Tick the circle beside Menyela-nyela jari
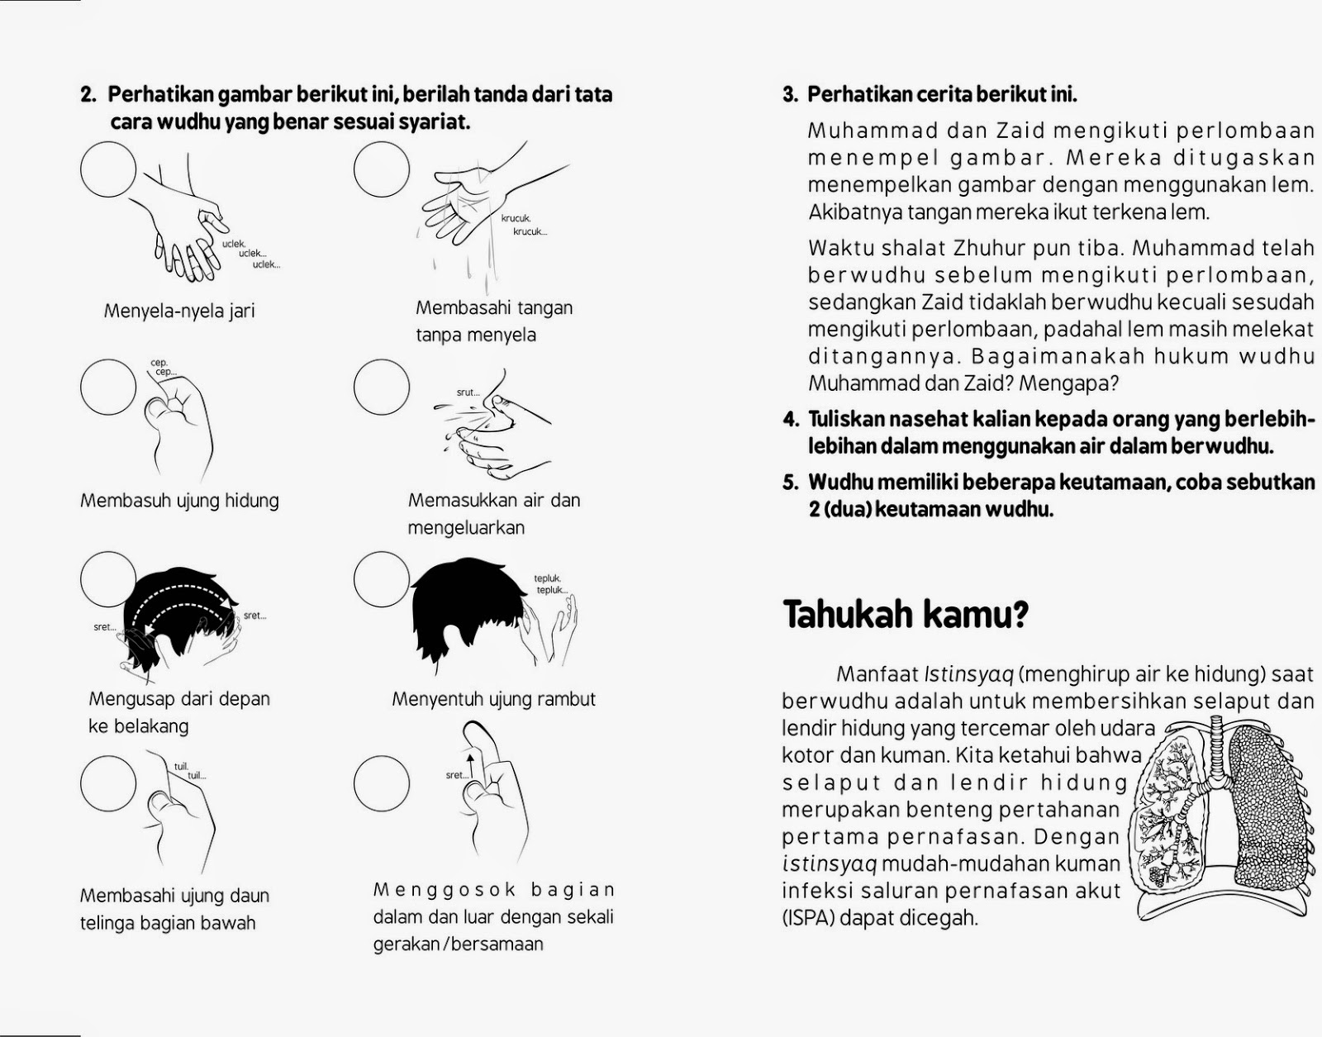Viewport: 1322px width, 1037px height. click(108, 169)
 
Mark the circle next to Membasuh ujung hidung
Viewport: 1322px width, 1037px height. click(108, 386)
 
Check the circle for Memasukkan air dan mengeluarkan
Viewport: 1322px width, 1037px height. click(382, 386)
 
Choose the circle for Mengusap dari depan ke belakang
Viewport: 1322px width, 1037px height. click(108, 578)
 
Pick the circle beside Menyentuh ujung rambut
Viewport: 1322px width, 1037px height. click(382, 578)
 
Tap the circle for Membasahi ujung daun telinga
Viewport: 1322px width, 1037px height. click(108, 783)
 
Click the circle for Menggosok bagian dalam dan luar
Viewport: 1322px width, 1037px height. click(382, 783)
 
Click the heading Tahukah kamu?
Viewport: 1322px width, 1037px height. click(905, 614)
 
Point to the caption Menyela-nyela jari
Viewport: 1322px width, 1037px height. click(179, 312)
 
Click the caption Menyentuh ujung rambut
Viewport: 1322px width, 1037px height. click(493, 699)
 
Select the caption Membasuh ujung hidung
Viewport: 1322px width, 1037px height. click(179, 501)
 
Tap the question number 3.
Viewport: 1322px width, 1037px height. click(790, 95)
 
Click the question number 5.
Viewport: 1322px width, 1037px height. click(790, 483)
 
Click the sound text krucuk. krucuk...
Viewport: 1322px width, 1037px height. click(522, 225)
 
